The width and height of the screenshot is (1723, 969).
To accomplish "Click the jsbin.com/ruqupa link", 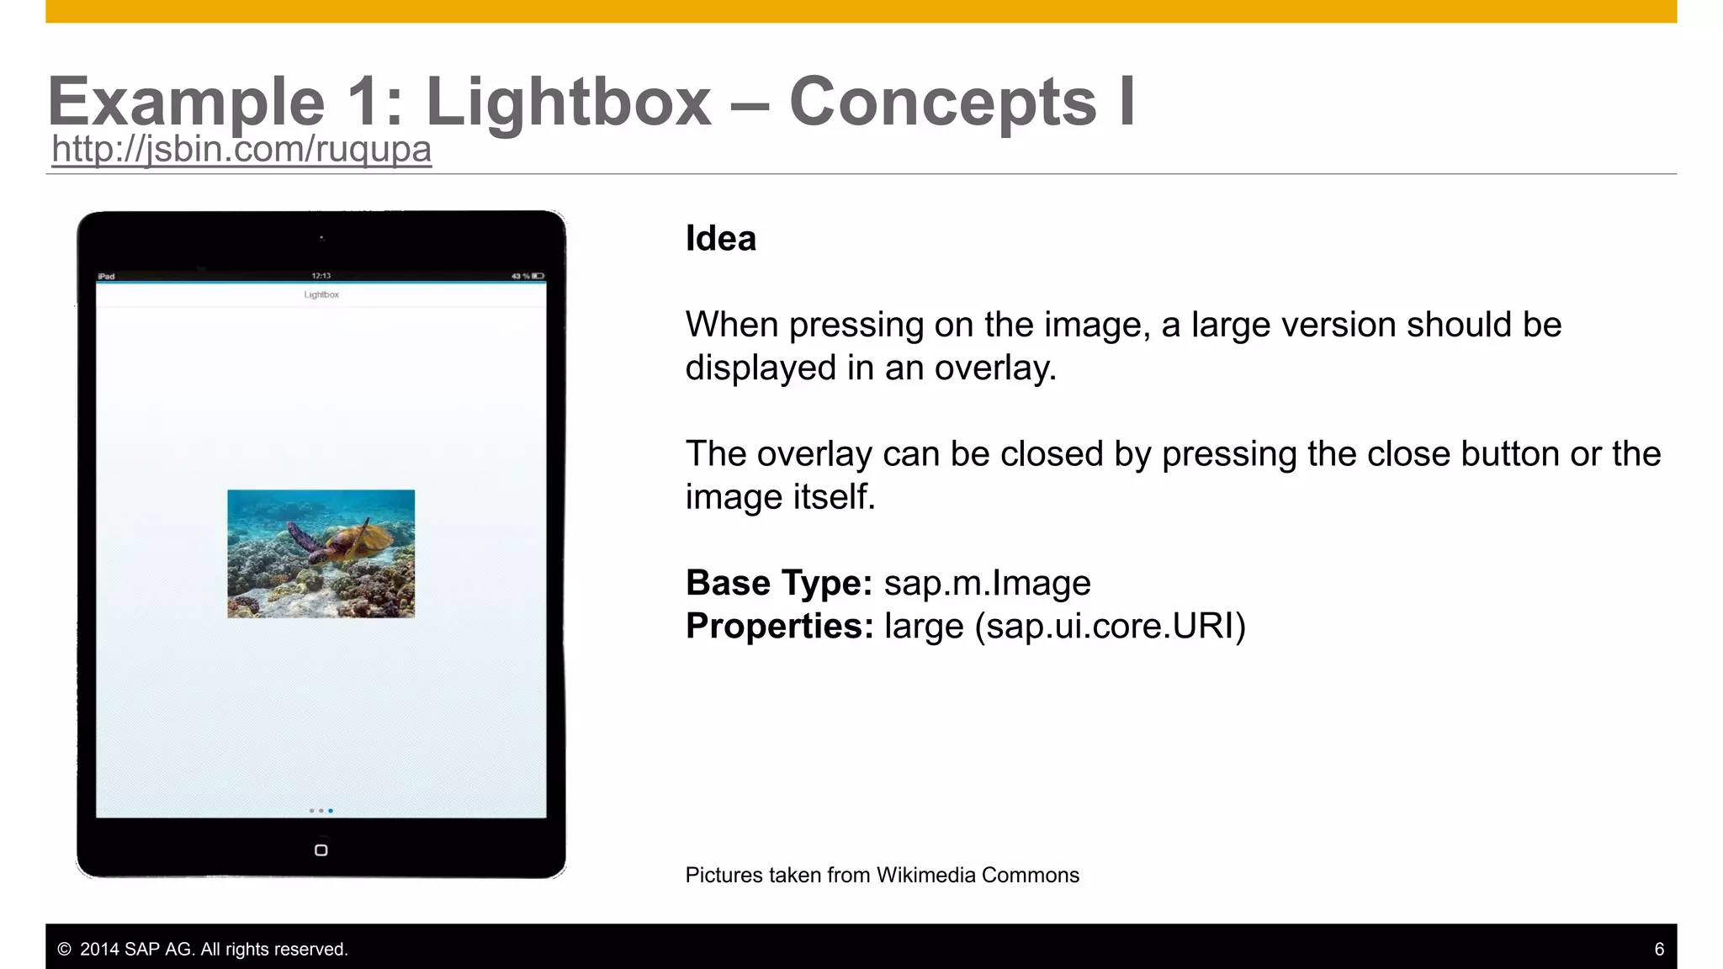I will (x=241, y=149).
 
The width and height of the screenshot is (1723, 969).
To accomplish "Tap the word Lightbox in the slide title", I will (x=569, y=102).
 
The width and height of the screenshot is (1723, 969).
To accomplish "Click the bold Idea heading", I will (x=721, y=238).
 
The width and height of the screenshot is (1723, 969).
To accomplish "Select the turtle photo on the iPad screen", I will (x=321, y=553).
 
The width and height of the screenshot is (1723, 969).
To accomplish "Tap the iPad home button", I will (x=321, y=850).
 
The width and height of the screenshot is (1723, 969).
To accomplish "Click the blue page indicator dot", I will (x=331, y=811).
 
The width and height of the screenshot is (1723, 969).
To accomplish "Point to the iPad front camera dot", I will (x=321, y=238).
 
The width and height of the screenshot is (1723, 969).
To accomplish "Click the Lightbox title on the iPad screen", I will (x=321, y=294).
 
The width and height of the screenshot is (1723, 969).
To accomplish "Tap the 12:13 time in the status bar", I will (x=321, y=276).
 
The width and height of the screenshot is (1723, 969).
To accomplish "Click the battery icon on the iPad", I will (x=538, y=276).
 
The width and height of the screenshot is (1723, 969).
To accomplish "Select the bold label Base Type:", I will (x=779, y=583).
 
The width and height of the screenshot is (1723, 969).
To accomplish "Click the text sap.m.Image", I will (x=987, y=583).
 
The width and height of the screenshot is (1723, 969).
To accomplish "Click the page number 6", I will (x=1659, y=949).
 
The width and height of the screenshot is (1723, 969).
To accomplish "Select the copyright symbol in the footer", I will (x=64, y=949).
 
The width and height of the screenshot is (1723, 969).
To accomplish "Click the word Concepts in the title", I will (x=942, y=102).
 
